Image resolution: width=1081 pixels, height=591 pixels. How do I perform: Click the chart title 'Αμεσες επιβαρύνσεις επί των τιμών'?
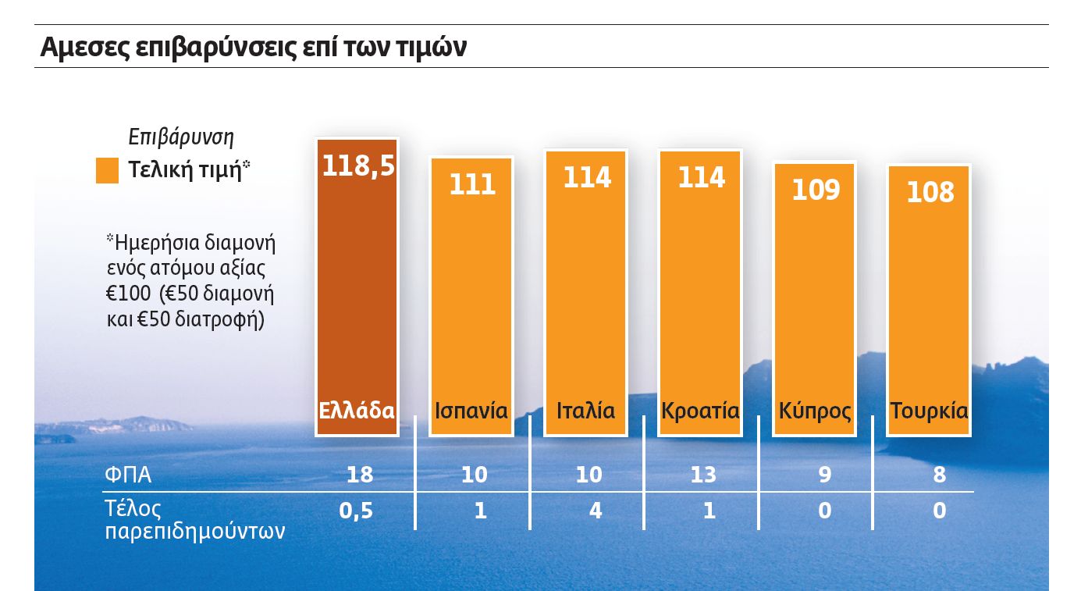coord(253,47)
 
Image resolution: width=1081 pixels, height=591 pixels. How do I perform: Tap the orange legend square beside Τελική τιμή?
coord(107,170)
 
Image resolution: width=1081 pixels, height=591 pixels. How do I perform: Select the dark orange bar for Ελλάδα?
coord(357,297)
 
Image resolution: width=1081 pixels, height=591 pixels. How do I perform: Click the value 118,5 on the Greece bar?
coord(358,166)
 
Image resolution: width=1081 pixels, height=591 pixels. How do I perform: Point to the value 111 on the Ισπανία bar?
coord(472,184)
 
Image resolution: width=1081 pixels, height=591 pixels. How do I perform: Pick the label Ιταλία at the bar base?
coord(585,411)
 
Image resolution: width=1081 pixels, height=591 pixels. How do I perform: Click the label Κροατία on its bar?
coord(700,411)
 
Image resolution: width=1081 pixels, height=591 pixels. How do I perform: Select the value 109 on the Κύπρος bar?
coord(815,190)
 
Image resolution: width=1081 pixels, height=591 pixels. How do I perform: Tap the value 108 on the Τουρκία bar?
coord(930,192)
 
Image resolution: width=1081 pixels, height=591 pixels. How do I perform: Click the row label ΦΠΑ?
coord(128,475)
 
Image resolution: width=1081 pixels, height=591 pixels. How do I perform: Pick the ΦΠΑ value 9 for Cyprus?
coord(824,475)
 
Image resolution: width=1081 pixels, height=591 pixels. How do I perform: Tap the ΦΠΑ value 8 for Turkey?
coord(940,475)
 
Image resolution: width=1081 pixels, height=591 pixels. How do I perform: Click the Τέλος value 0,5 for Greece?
coord(357,511)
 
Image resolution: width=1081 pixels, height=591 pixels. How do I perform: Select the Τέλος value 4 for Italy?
coord(595,511)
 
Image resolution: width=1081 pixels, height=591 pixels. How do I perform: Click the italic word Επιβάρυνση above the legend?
coord(181,137)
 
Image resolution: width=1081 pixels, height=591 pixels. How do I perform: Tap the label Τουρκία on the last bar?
coord(929,411)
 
